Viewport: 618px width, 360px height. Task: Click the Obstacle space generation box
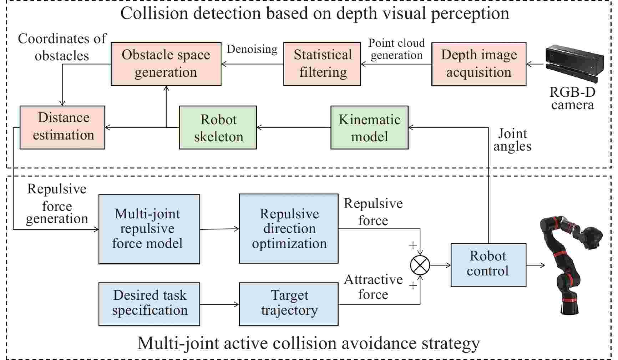[x=166, y=64]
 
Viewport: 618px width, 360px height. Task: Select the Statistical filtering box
[x=322, y=64]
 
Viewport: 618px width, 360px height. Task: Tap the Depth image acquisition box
[x=478, y=64]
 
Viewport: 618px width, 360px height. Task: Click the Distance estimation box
[x=62, y=127]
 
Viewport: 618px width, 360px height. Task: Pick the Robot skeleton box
[x=218, y=127]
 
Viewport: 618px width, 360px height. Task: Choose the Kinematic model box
[x=369, y=127]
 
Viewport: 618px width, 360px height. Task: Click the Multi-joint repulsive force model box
[x=149, y=229]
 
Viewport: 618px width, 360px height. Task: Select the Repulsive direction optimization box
[x=288, y=229]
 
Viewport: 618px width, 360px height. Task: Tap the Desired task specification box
[x=149, y=304]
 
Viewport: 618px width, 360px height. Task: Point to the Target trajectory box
[x=288, y=304]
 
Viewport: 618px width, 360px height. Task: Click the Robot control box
[x=488, y=265]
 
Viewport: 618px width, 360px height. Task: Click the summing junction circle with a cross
[x=420, y=265]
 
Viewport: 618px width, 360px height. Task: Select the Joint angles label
[x=512, y=140]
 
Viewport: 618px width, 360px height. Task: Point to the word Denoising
[x=252, y=49]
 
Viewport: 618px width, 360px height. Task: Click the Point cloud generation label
[x=396, y=49]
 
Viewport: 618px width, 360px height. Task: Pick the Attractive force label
[x=373, y=287]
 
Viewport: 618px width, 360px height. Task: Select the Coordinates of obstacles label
[x=62, y=47]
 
